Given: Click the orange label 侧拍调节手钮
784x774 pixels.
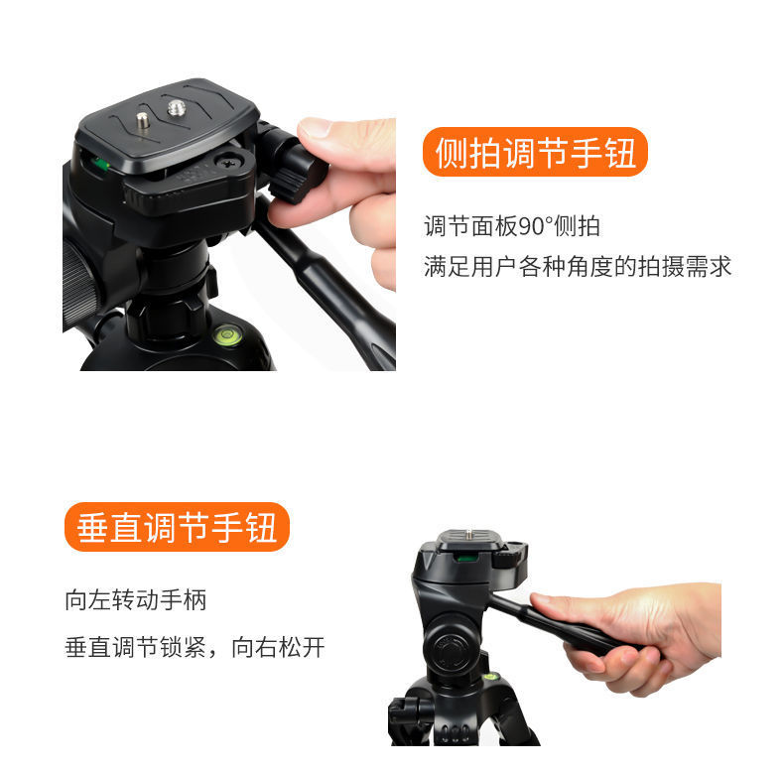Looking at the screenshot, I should pos(535,154).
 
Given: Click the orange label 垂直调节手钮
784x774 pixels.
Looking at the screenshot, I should pos(177,527).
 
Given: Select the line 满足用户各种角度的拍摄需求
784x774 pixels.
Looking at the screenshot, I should pos(578,267).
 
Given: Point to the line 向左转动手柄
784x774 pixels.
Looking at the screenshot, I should pos(136,599).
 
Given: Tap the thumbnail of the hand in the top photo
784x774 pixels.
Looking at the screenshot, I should pos(316,128).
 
